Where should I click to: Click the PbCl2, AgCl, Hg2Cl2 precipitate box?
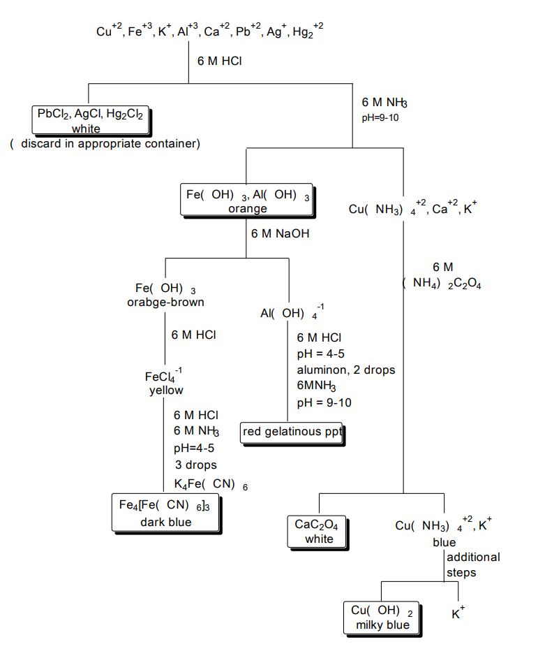tap(91, 120)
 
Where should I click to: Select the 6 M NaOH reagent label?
tap(280, 233)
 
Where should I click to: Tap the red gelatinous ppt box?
tap(292, 432)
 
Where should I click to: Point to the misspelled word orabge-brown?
tap(165, 303)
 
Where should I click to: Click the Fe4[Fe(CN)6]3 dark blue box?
tap(165, 513)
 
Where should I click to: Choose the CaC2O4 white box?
tap(319, 532)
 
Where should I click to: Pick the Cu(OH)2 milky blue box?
tap(382, 618)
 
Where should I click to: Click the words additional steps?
tap(472, 564)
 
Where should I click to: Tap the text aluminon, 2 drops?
tap(346, 370)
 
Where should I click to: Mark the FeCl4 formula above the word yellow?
tap(163, 377)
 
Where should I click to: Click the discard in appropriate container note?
tap(105, 144)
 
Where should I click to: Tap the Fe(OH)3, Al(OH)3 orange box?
tap(247, 201)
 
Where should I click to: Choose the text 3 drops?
tap(195, 465)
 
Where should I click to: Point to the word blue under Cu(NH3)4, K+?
tap(444, 542)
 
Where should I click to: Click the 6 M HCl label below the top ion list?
tap(219, 61)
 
